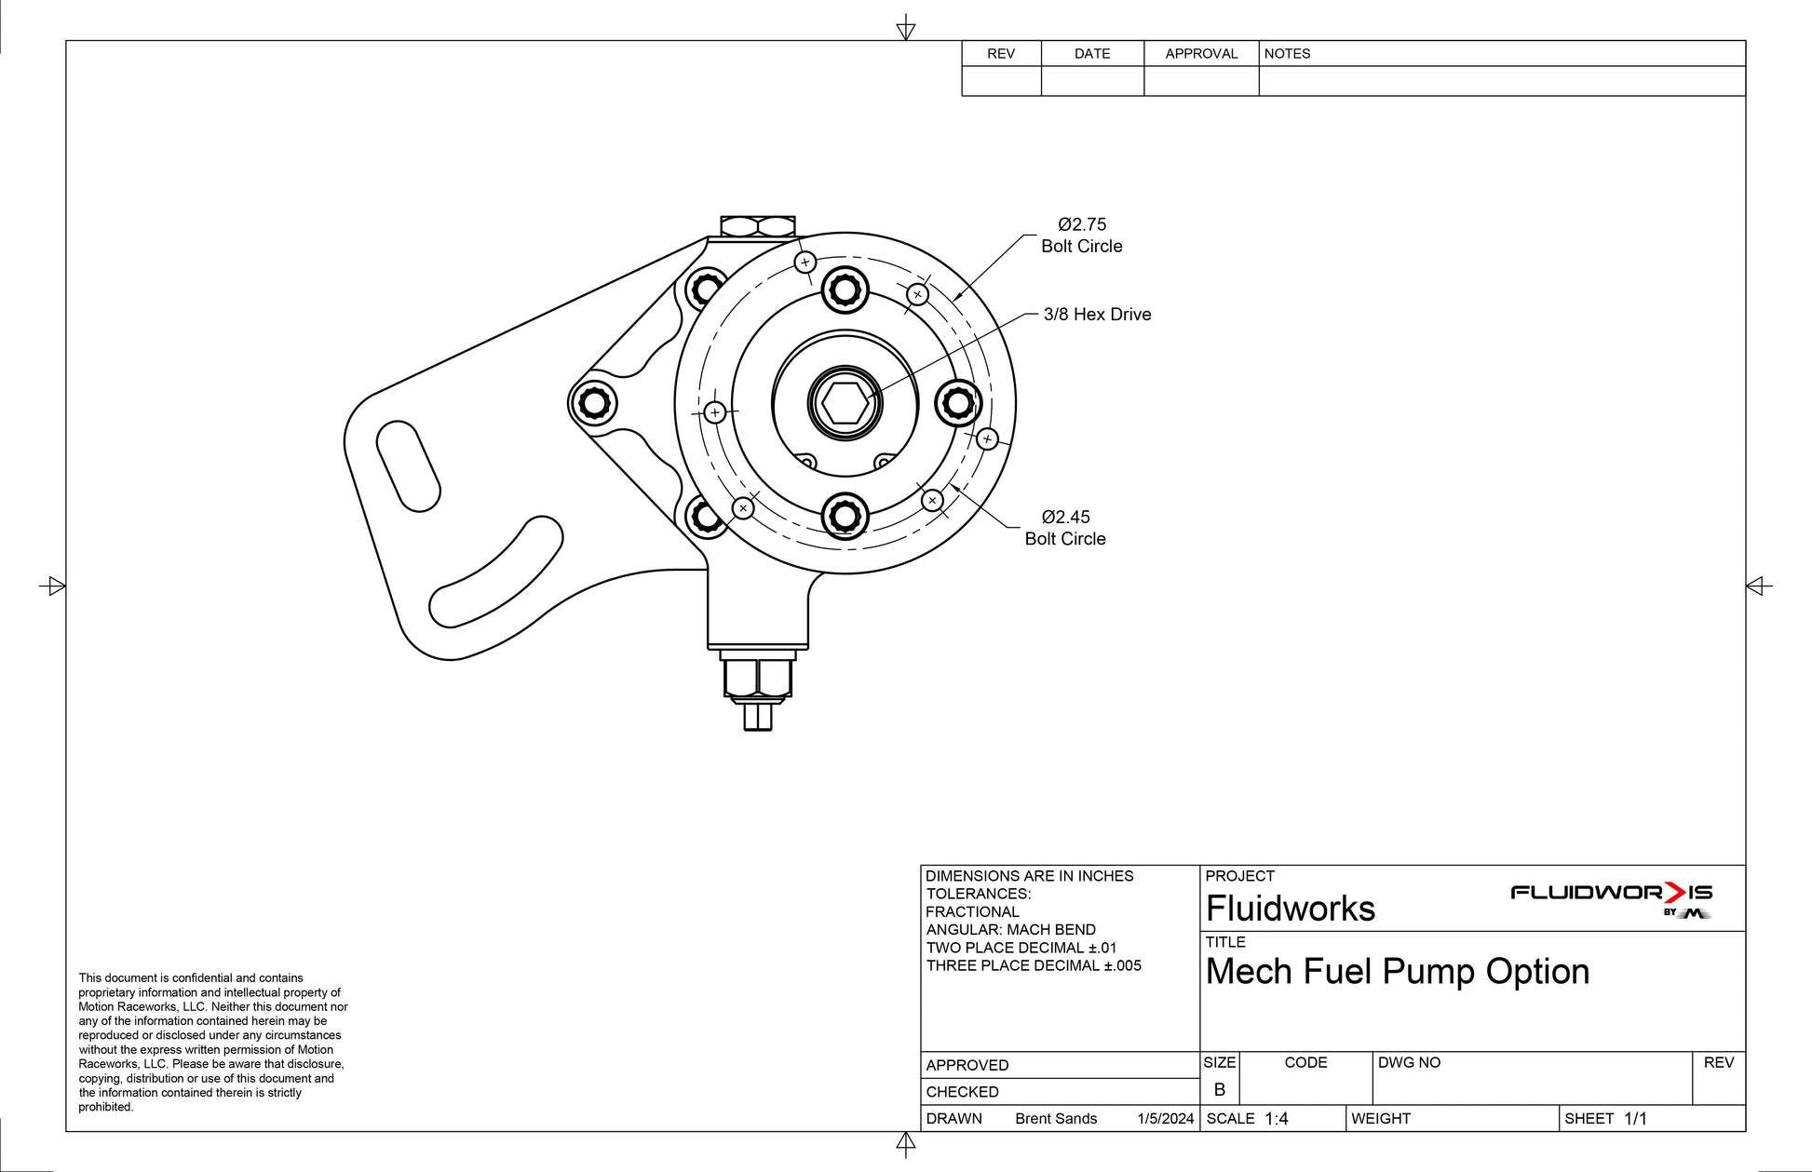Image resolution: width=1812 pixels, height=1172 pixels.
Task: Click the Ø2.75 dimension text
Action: tap(1082, 224)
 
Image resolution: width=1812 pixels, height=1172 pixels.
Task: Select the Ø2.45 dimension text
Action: tap(1065, 517)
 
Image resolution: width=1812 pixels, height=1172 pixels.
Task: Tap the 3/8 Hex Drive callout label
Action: tap(1097, 315)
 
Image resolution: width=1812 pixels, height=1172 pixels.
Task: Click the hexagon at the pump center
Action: tap(845, 403)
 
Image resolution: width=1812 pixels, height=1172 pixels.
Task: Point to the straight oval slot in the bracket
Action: tap(408, 465)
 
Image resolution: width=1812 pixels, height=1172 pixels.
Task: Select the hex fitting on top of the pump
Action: tap(758, 226)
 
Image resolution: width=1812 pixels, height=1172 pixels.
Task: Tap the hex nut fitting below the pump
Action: tap(758, 678)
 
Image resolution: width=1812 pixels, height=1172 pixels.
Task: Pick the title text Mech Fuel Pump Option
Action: tap(1397, 972)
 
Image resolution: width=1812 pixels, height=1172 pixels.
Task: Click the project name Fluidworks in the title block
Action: tap(1290, 909)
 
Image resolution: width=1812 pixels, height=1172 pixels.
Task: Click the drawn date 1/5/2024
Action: tap(1165, 1119)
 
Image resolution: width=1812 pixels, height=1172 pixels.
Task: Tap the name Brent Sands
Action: tap(1056, 1119)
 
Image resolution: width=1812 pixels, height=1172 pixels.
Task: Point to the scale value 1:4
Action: tap(1276, 1119)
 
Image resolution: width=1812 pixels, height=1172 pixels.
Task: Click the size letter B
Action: tap(1219, 1089)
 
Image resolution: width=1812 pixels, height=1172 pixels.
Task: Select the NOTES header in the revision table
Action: tap(1287, 54)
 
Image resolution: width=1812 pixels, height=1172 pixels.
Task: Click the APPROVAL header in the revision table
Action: tap(1201, 54)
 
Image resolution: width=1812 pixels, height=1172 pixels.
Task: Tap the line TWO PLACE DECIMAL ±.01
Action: tap(1021, 948)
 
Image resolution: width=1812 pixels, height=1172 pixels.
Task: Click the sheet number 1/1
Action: tap(1635, 1119)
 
